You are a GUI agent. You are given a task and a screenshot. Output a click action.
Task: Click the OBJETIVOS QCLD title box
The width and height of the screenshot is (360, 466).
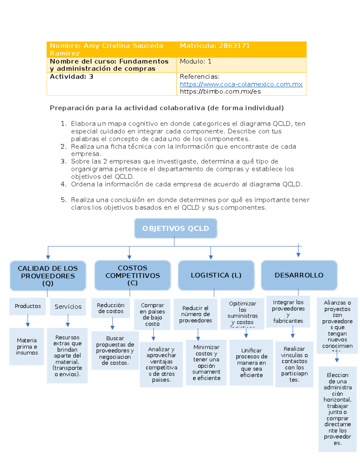(175, 228)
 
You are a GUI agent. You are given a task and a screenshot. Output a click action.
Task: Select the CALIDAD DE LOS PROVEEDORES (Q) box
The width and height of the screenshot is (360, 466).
(48, 276)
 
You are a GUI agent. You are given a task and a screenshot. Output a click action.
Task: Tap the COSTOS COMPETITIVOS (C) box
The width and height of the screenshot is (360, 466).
(132, 275)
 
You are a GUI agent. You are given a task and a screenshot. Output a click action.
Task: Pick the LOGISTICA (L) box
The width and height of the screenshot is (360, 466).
(216, 275)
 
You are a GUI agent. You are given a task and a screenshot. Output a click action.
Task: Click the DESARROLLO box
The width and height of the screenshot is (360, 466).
(299, 275)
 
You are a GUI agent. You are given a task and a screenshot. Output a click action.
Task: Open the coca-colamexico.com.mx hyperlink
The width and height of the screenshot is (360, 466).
(241, 84)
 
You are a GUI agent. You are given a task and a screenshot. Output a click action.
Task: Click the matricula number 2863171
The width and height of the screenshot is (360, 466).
(234, 46)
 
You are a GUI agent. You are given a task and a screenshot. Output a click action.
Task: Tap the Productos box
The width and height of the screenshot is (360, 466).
(28, 306)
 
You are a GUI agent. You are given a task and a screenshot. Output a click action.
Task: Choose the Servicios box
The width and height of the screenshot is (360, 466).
(68, 307)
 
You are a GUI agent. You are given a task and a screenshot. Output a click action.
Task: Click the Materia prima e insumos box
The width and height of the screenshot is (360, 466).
(27, 347)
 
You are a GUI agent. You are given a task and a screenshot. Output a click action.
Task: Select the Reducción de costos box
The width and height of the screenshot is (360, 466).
(111, 308)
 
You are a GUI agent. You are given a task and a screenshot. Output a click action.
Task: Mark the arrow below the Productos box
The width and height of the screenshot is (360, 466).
(28, 321)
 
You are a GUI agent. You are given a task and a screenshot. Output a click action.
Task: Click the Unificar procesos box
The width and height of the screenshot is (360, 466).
(251, 362)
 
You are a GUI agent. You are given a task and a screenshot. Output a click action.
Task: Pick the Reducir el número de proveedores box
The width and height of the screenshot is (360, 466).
(195, 314)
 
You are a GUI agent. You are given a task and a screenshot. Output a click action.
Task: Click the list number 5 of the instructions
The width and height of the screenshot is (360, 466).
(63, 200)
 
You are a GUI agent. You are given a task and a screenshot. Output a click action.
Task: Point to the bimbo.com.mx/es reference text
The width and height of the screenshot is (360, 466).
(220, 92)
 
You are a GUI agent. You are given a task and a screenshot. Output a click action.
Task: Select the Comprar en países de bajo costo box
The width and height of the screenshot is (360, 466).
(152, 314)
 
